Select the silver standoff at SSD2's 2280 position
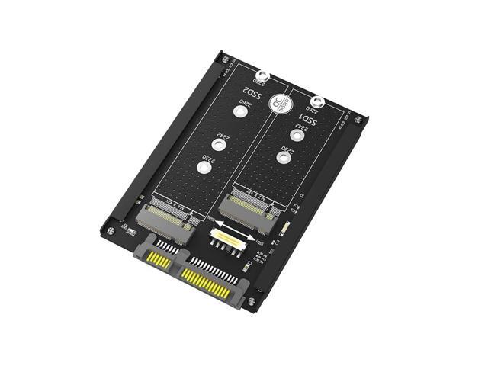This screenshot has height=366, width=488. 262,76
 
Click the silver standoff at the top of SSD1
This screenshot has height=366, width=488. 316,101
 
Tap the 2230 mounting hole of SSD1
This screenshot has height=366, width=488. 284,159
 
